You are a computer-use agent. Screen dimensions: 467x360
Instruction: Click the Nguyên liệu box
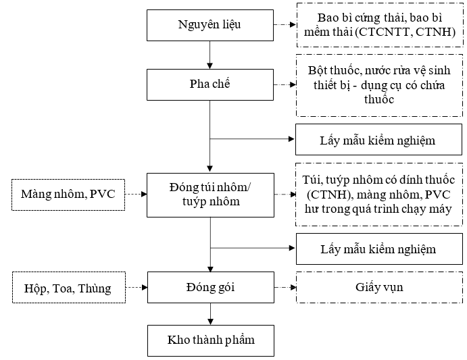click(210, 25)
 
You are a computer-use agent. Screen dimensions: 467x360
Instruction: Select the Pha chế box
click(210, 84)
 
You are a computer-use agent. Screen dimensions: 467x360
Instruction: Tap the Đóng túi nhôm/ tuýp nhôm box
click(210, 195)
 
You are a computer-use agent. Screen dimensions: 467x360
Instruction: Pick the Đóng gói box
click(211, 287)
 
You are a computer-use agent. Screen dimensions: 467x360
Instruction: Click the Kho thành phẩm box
click(211, 340)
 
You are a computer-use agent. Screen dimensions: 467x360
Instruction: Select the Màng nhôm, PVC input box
click(68, 195)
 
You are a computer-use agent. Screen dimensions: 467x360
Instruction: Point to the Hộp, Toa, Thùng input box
click(69, 287)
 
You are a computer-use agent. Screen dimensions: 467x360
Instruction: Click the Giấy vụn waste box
click(379, 287)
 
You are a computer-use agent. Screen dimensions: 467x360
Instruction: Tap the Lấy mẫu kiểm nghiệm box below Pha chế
click(378, 139)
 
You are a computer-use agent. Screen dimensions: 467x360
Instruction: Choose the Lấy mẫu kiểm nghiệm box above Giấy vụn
click(379, 249)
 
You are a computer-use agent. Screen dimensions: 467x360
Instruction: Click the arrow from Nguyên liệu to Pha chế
click(210, 55)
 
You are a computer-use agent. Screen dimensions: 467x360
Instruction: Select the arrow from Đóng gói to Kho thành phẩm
click(210, 314)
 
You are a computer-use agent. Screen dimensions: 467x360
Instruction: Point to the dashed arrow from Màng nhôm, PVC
click(136, 194)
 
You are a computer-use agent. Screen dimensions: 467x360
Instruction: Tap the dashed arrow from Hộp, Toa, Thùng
click(137, 287)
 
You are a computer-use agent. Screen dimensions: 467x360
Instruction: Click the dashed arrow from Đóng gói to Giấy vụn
click(285, 287)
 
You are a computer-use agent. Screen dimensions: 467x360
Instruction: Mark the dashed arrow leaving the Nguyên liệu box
click(285, 24)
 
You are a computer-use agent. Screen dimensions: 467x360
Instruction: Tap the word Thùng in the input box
click(95, 288)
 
